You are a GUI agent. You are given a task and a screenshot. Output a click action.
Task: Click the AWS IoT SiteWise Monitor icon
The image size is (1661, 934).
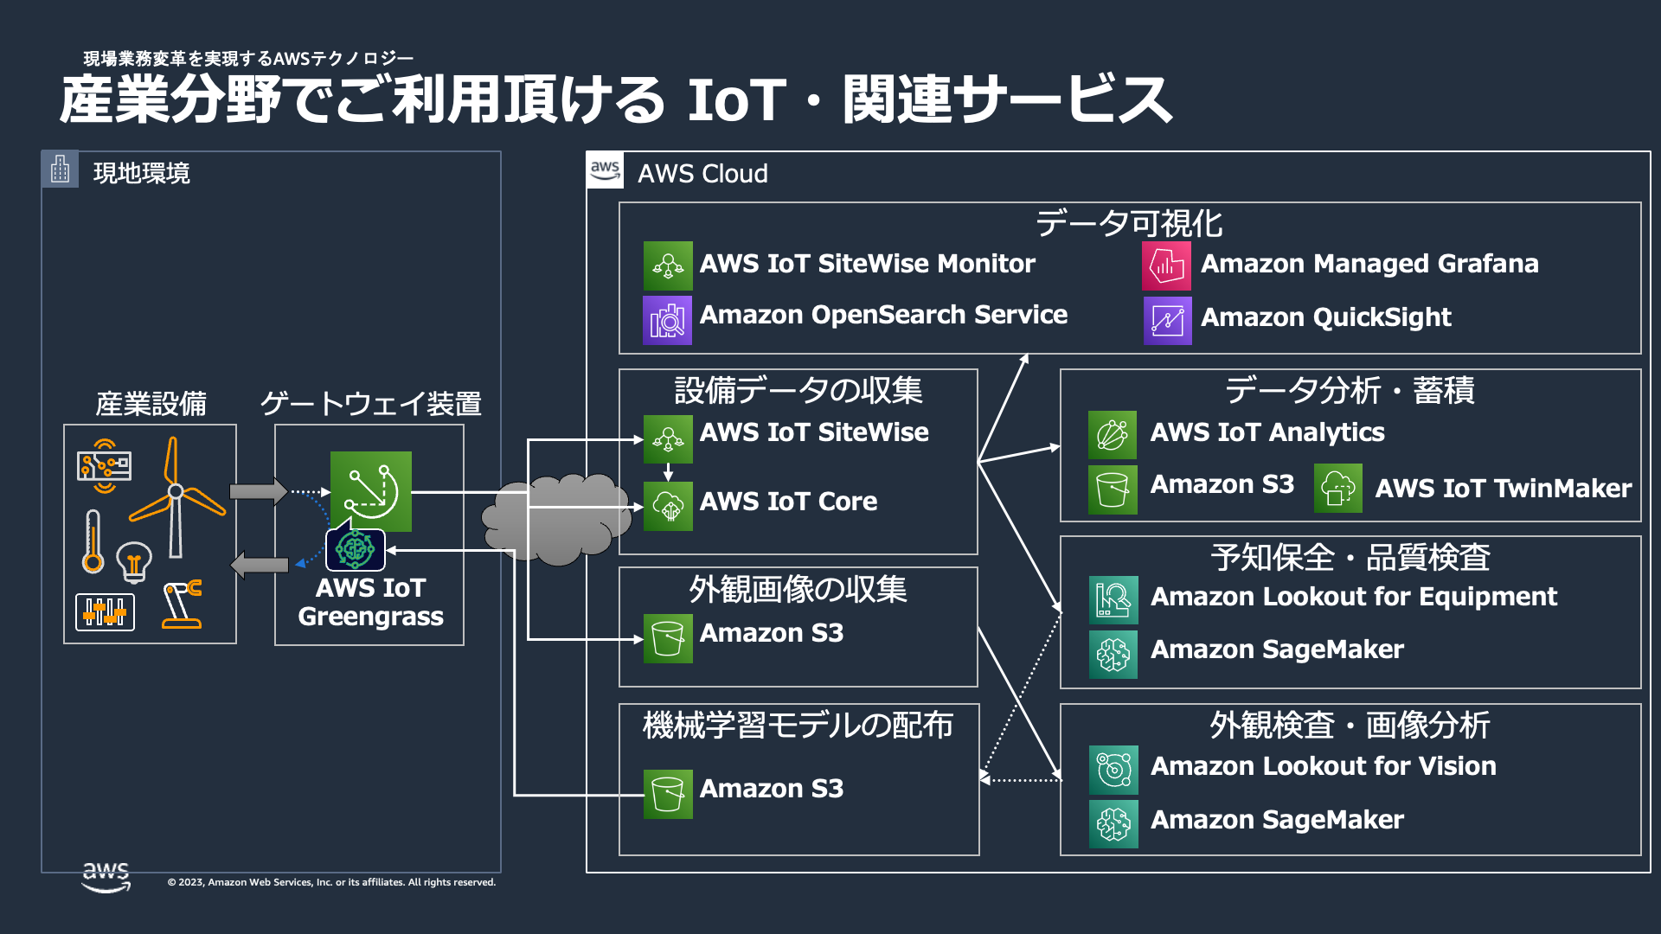tap(667, 265)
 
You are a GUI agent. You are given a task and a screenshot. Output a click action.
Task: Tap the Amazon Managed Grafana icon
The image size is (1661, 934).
tap(1166, 265)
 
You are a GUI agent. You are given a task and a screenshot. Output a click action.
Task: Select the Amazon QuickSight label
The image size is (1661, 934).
tap(1325, 317)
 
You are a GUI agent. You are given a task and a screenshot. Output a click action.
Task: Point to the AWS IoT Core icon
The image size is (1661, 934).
tap(667, 506)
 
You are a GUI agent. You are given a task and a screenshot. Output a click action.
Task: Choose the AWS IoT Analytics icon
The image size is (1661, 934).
tap(1112, 434)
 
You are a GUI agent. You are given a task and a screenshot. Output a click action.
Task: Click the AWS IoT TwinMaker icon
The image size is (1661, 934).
tap(1337, 488)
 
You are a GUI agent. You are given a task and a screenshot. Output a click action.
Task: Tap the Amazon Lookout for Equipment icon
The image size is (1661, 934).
tap(1113, 599)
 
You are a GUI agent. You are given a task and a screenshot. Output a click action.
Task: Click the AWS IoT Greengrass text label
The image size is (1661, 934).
tap(370, 602)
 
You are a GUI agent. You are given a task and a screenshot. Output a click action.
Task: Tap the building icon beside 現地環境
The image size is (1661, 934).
tap(60, 169)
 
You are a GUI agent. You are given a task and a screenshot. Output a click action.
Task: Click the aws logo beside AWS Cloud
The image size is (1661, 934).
tap(605, 170)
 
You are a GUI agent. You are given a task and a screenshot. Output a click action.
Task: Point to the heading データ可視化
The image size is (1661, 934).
tap(1129, 223)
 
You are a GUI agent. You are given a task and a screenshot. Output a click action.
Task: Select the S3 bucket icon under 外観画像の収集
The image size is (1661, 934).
tap(667, 638)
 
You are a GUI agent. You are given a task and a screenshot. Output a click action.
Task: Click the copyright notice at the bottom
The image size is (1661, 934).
tap(331, 882)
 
